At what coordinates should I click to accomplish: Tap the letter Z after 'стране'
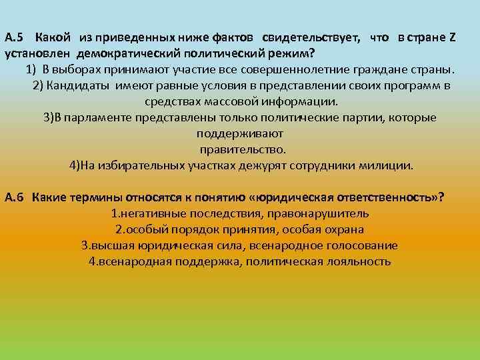pyautogui.click(x=453, y=37)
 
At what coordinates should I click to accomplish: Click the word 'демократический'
pyautogui.click(x=119, y=53)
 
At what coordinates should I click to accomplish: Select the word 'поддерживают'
pyautogui.click(x=239, y=133)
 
